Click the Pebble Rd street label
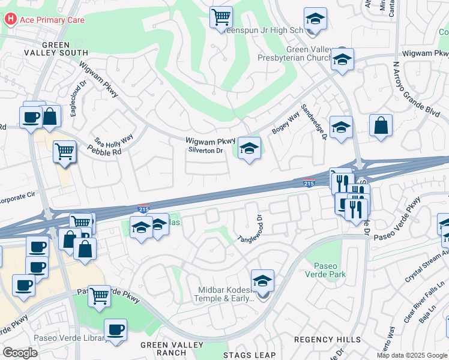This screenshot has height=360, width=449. point(108,152)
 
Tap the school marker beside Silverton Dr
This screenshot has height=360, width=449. point(249,149)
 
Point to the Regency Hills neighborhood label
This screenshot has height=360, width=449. point(323,340)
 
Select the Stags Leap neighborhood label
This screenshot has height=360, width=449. point(249,355)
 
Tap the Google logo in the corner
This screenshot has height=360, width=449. point(20,353)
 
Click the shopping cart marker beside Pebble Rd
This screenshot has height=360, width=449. point(64,152)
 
